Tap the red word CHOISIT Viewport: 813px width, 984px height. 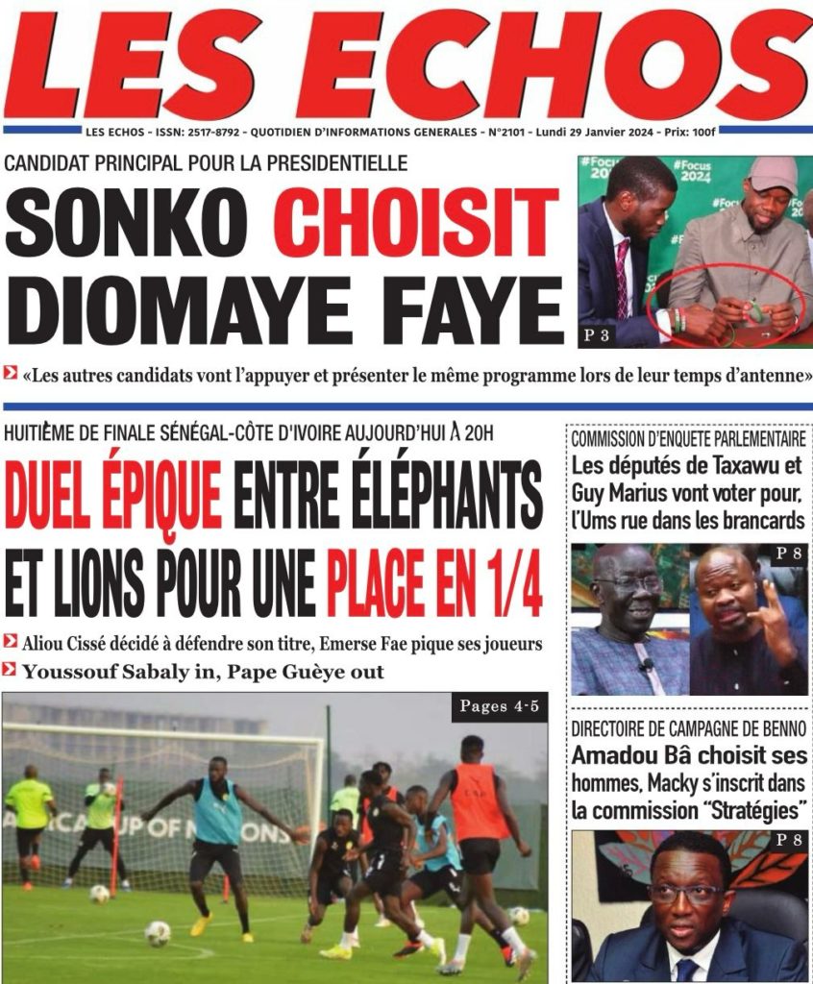click(410, 224)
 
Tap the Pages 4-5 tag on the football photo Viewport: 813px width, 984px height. click(498, 707)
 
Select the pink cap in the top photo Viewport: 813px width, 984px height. click(773, 174)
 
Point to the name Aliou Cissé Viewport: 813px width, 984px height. click(65, 642)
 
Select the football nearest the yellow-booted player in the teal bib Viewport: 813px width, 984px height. click(158, 932)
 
